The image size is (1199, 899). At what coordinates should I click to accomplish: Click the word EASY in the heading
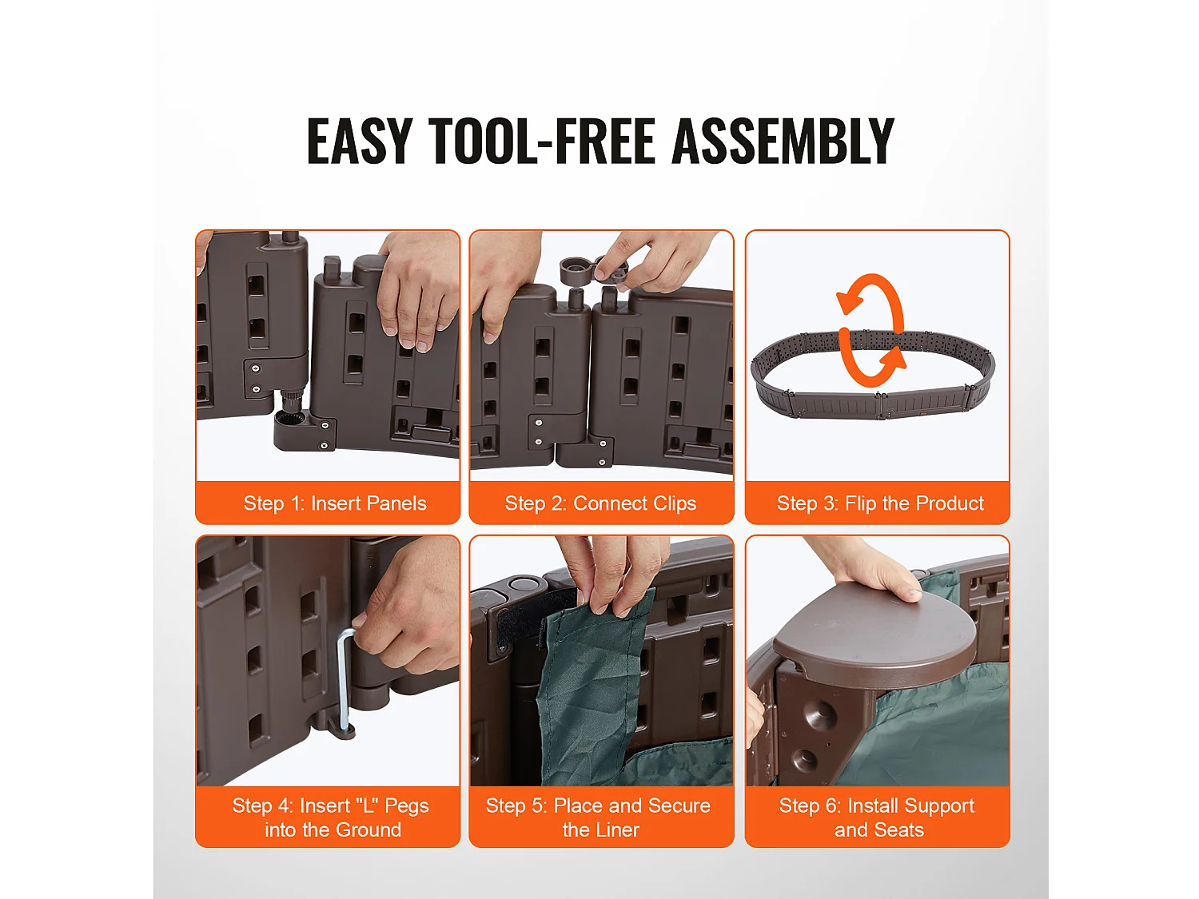pyautogui.click(x=359, y=141)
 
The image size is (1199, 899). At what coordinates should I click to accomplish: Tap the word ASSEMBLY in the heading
pyautogui.click(x=783, y=141)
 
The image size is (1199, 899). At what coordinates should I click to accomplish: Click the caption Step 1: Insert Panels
pyautogui.click(x=335, y=503)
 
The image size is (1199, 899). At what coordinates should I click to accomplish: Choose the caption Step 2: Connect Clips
pyautogui.click(x=600, y=503)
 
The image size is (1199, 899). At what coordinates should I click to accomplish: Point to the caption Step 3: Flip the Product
pyautogui.click(x=880, y=503)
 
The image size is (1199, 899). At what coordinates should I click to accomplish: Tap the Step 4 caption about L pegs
pyautogui.click(x=331, y=817)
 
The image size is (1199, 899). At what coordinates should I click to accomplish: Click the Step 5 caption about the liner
pyautogui.click(x=599, y=817)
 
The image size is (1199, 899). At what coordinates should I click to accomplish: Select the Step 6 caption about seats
pyautogui.click(x=877, y=817)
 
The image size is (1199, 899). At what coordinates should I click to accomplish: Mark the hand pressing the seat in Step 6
pyautogui.click(x=869, y=571)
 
